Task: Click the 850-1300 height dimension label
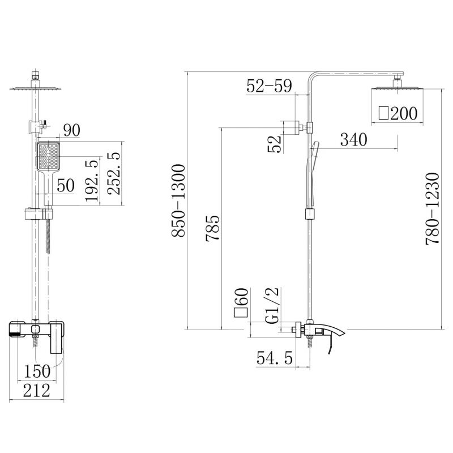click(178, 200)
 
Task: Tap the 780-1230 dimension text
click(432, 209)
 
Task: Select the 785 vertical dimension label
click(212, 228)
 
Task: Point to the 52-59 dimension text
click(270, 86)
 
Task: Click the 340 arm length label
click(353, 139)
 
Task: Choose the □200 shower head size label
click(398, 113)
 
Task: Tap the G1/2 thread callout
click(272, 305)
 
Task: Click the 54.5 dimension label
click(275, 358)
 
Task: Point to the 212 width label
click(37, 390)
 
